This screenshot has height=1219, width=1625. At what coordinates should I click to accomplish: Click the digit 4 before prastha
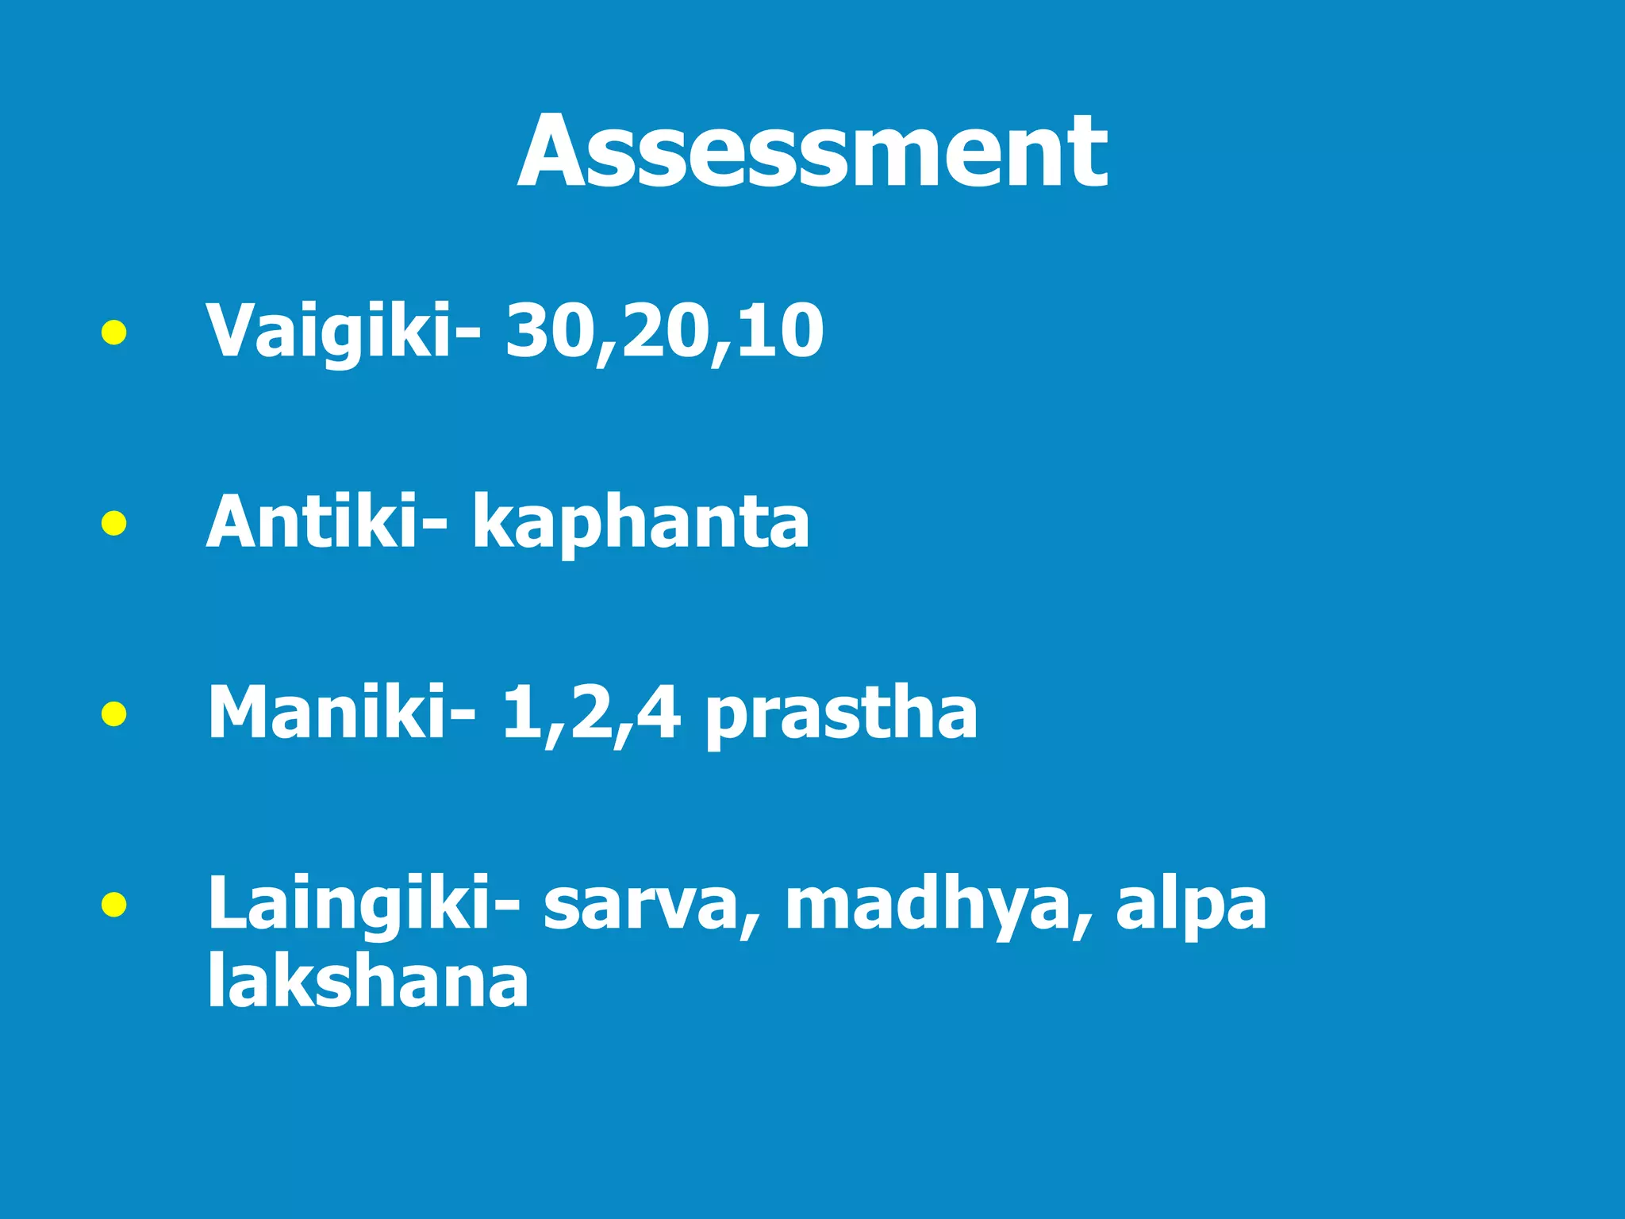point(659,712)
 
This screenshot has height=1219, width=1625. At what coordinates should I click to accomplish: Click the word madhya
point(925,905)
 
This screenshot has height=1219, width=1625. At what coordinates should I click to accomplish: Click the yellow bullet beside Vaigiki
point(114,333)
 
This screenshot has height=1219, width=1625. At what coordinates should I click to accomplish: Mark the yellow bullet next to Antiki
point(114,523)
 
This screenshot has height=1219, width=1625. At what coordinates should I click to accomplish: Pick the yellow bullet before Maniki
point(114,713)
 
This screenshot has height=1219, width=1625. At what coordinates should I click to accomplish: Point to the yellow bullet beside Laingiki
point(114,904)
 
